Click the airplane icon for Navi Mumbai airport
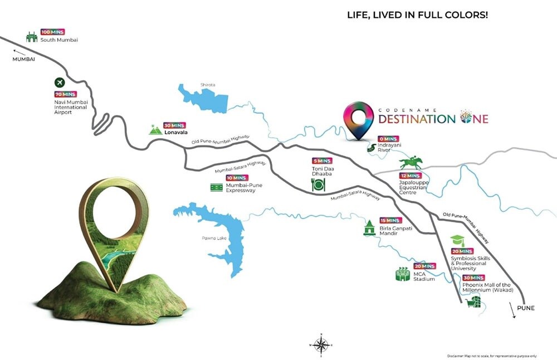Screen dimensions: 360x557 coord(60,82)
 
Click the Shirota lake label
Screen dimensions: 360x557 coord(208,85)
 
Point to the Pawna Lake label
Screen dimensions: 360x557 coord(197,239)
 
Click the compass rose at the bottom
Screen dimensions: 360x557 coord(320,345)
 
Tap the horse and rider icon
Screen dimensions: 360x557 coord(411,163)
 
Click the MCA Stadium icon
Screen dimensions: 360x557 coord(403,274)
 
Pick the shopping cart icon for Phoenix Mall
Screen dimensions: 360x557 coord(473,301)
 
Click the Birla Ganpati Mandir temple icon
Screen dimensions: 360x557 coord(369,228)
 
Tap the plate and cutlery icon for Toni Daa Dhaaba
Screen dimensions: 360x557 coord(319,186)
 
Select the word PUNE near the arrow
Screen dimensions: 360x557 coord(525,308)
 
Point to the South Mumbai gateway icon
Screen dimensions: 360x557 coord(32,37)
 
